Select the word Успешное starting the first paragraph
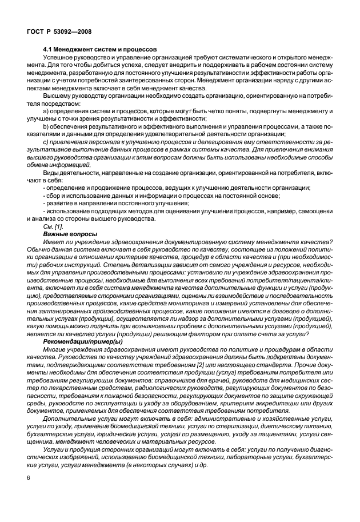(59, 58)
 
